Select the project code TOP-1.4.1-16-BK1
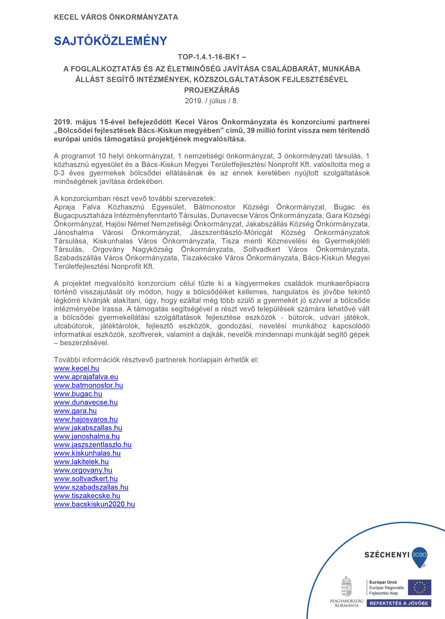click(x=209, y=57)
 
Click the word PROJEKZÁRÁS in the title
click(x=212, y=90)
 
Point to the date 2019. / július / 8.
click(x=212, y=101)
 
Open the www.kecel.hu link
click(x=76, y=368)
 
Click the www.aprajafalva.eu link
click(x=86, y=377)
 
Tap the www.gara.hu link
click(x=75, y=411)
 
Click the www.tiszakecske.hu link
click(x=87, y=496)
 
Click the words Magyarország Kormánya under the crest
click(x=346, y=603)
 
